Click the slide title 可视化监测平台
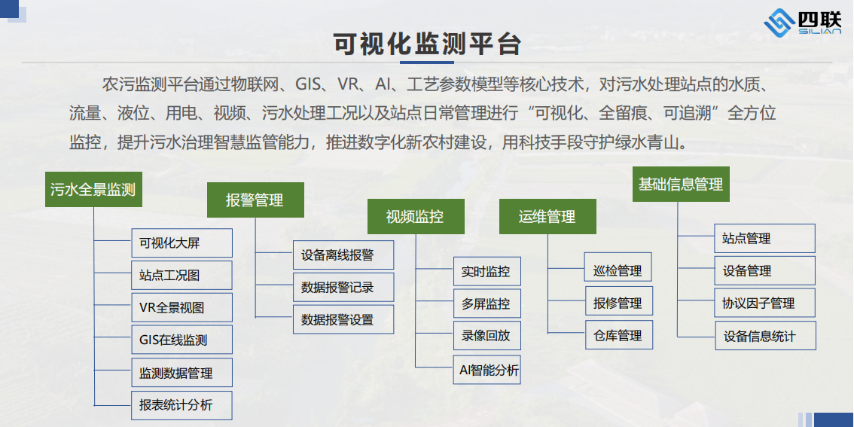point(428,44)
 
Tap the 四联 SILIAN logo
point(803,24)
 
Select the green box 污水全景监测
point(93,190)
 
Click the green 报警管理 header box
point(255,200)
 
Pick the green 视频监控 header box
point(416,216)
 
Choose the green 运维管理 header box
point(547,216)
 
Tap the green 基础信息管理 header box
point(681,184)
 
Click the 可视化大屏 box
point(182,243)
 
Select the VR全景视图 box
point(182,307)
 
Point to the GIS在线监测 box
point(182,340)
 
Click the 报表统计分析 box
point(182,405)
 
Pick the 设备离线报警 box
point(343,255)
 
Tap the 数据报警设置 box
point(343,320)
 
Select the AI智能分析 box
point(487,370)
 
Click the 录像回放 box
point(487,336)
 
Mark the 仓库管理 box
point(618,335)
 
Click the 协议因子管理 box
point(765,303)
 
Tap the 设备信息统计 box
point(765,336)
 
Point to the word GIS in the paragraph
point(309,84)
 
